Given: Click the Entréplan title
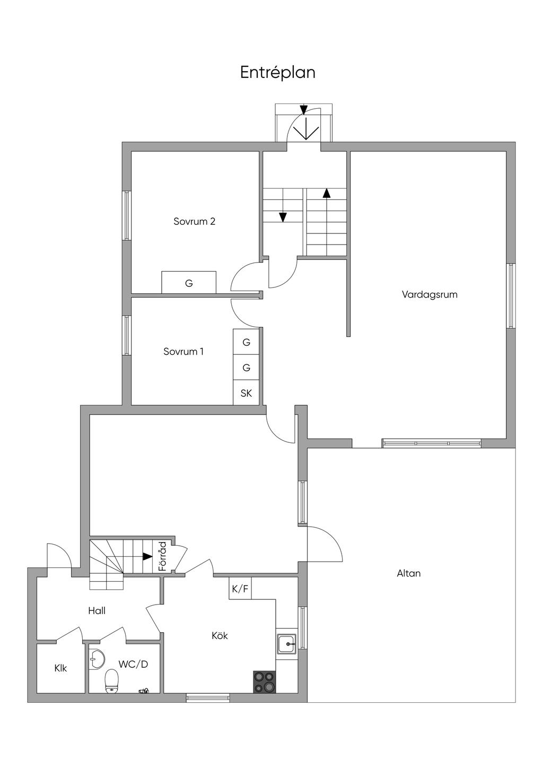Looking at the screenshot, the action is (x=278, y=73).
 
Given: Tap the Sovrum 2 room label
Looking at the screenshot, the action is (x=195, y=222).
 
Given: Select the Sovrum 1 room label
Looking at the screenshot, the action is (x=183, y=352).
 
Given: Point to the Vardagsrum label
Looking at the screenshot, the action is (x=430, y=294).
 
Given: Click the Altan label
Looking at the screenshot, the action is (x=409, y=573).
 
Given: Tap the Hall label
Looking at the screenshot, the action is (x=97, y=610).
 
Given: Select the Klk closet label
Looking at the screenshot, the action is (x=60, y=668).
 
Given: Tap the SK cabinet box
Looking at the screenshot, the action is (x=246, y=393).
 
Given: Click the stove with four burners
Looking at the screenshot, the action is (x=264, y=682).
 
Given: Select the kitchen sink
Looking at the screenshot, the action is (x=286, y=645).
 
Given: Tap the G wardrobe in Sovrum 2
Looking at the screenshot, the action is (x=189, y=282).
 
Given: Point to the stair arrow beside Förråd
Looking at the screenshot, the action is (x=147, y=556).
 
